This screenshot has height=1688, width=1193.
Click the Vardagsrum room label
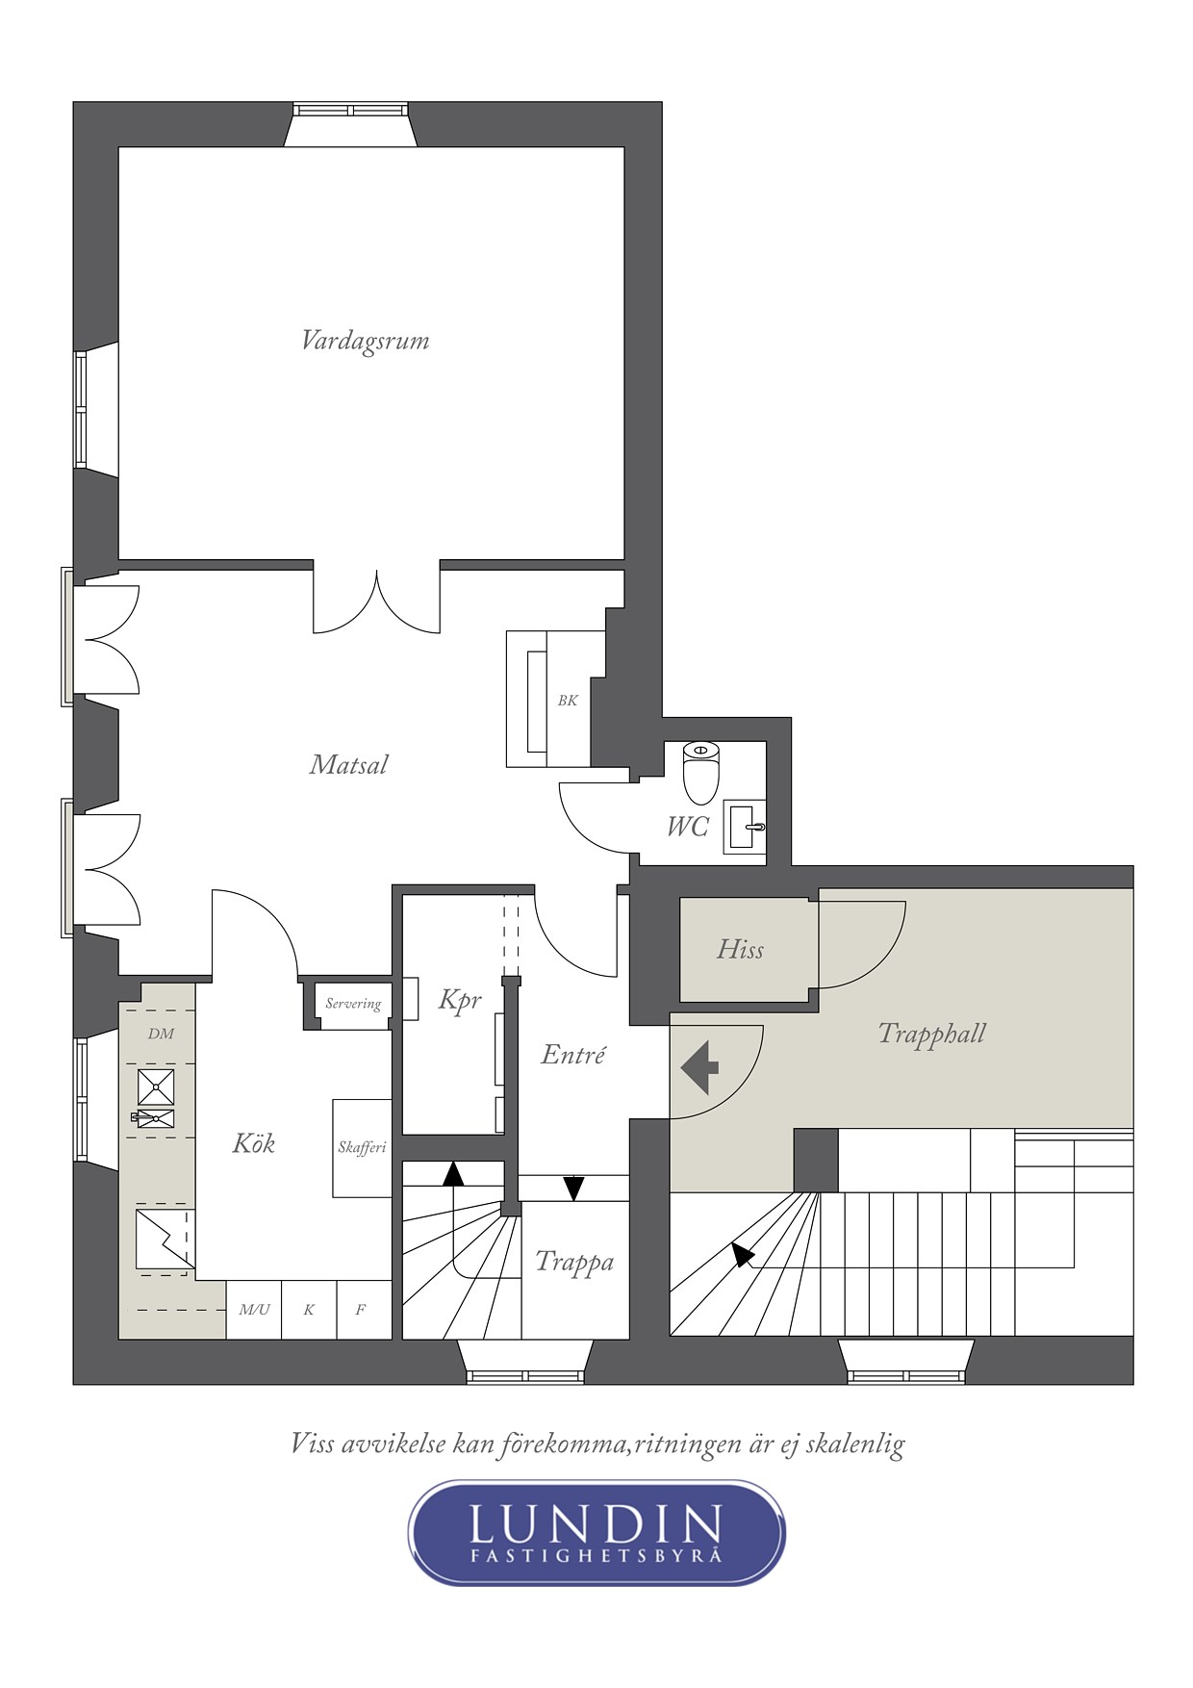pyautogui.click(x=365, y=342)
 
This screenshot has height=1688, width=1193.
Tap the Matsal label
pyautogui.click(x=348, y=765)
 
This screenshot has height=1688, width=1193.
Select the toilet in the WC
pyautogui.click(x=700, y=773)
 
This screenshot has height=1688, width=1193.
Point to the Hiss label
pyautogui.click(x=740, y=950)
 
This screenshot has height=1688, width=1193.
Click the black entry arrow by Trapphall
pyautogui.click(x=699, y=1067)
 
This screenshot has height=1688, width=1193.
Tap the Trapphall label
pyautogui.click(x=931, y=1035)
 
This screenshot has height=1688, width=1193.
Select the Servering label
pyautogui.click(x=353, y=1004)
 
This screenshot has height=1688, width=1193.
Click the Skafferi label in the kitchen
pyautogui.click(x=362, y=1147)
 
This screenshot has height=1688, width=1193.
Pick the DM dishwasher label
pyautogui.click(x=162, y=1034)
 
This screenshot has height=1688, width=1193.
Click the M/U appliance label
pyautogui.click(x=254, y=1310)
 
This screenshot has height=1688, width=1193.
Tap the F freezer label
pyautogui.click(x=361, y=1310)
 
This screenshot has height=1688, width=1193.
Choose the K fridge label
pyautogui.click(x=309, y=1310)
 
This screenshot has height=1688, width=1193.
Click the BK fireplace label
pyautogui.click(x=568, y=701)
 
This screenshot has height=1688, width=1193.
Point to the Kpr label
pyautogui.click(x=460, y=1001)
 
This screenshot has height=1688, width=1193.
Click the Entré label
pyautogui.click(x=573, y=1055)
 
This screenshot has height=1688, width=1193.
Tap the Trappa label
pyautogui.click(x=574, y=1262)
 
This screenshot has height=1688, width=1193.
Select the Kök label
pyautogui.click(x=254, y=1143)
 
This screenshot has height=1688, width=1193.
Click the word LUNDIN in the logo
pyautogui.click(x=596, y=1523)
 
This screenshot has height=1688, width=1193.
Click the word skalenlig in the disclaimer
pyautogui.click(x=855, y=1444)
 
